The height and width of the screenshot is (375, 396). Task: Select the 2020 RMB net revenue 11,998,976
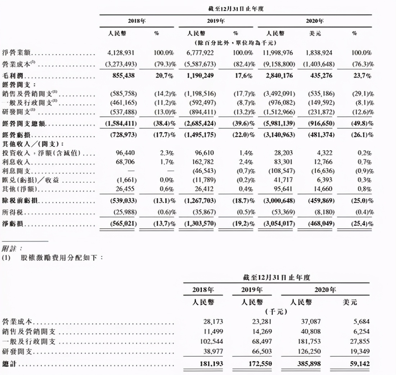[x=278, y=53]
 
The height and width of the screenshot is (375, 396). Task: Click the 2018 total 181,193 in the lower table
[x=212, y=364]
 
